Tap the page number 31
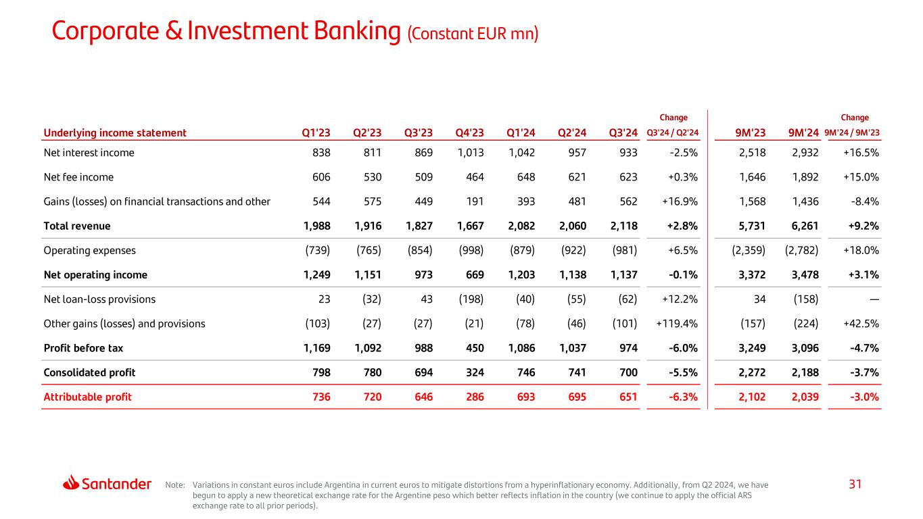click(x=856, y=484)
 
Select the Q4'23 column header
click(x=470, y=132)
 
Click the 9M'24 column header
click(x=804, y=132)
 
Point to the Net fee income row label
click(x=78, y=177)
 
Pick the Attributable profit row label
click(x=87, y=397)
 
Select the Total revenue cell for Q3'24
click(x=623, y=226)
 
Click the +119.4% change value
click(x=677, y=324)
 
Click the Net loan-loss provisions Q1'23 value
click(x=324, y=299)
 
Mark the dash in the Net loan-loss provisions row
click(x=874, y=299)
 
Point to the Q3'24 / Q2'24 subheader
click(x=673, y=133)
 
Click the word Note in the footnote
click(x=174, y=485)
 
